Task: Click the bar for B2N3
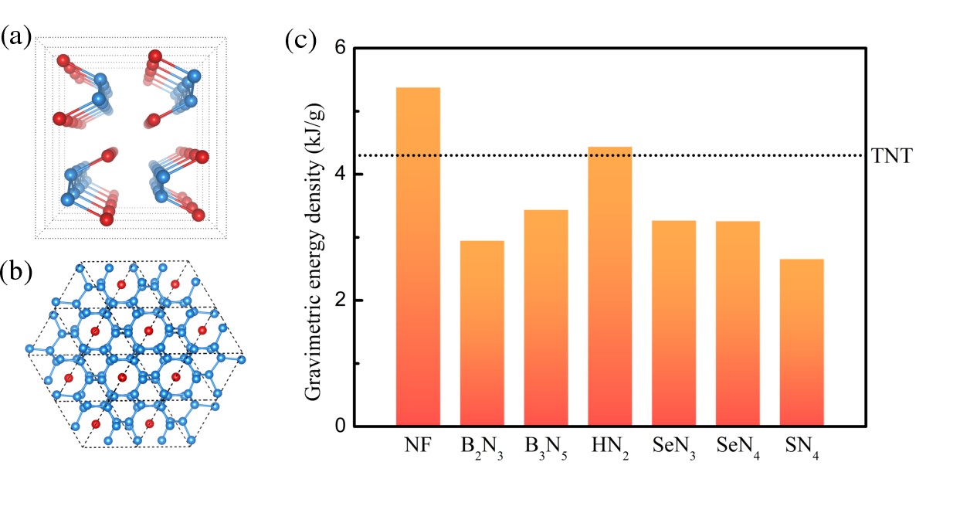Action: tap(482, 333)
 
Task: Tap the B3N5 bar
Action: tap(546, 318)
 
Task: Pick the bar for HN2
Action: tap(610, 286)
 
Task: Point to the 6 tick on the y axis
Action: tap(338, 48)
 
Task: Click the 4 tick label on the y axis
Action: tap(338, 175)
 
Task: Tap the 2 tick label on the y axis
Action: tap(338, 301)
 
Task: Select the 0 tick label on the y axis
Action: tap(338, 426)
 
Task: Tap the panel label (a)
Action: tap(16, 36)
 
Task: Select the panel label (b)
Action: tap(16, 271)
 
